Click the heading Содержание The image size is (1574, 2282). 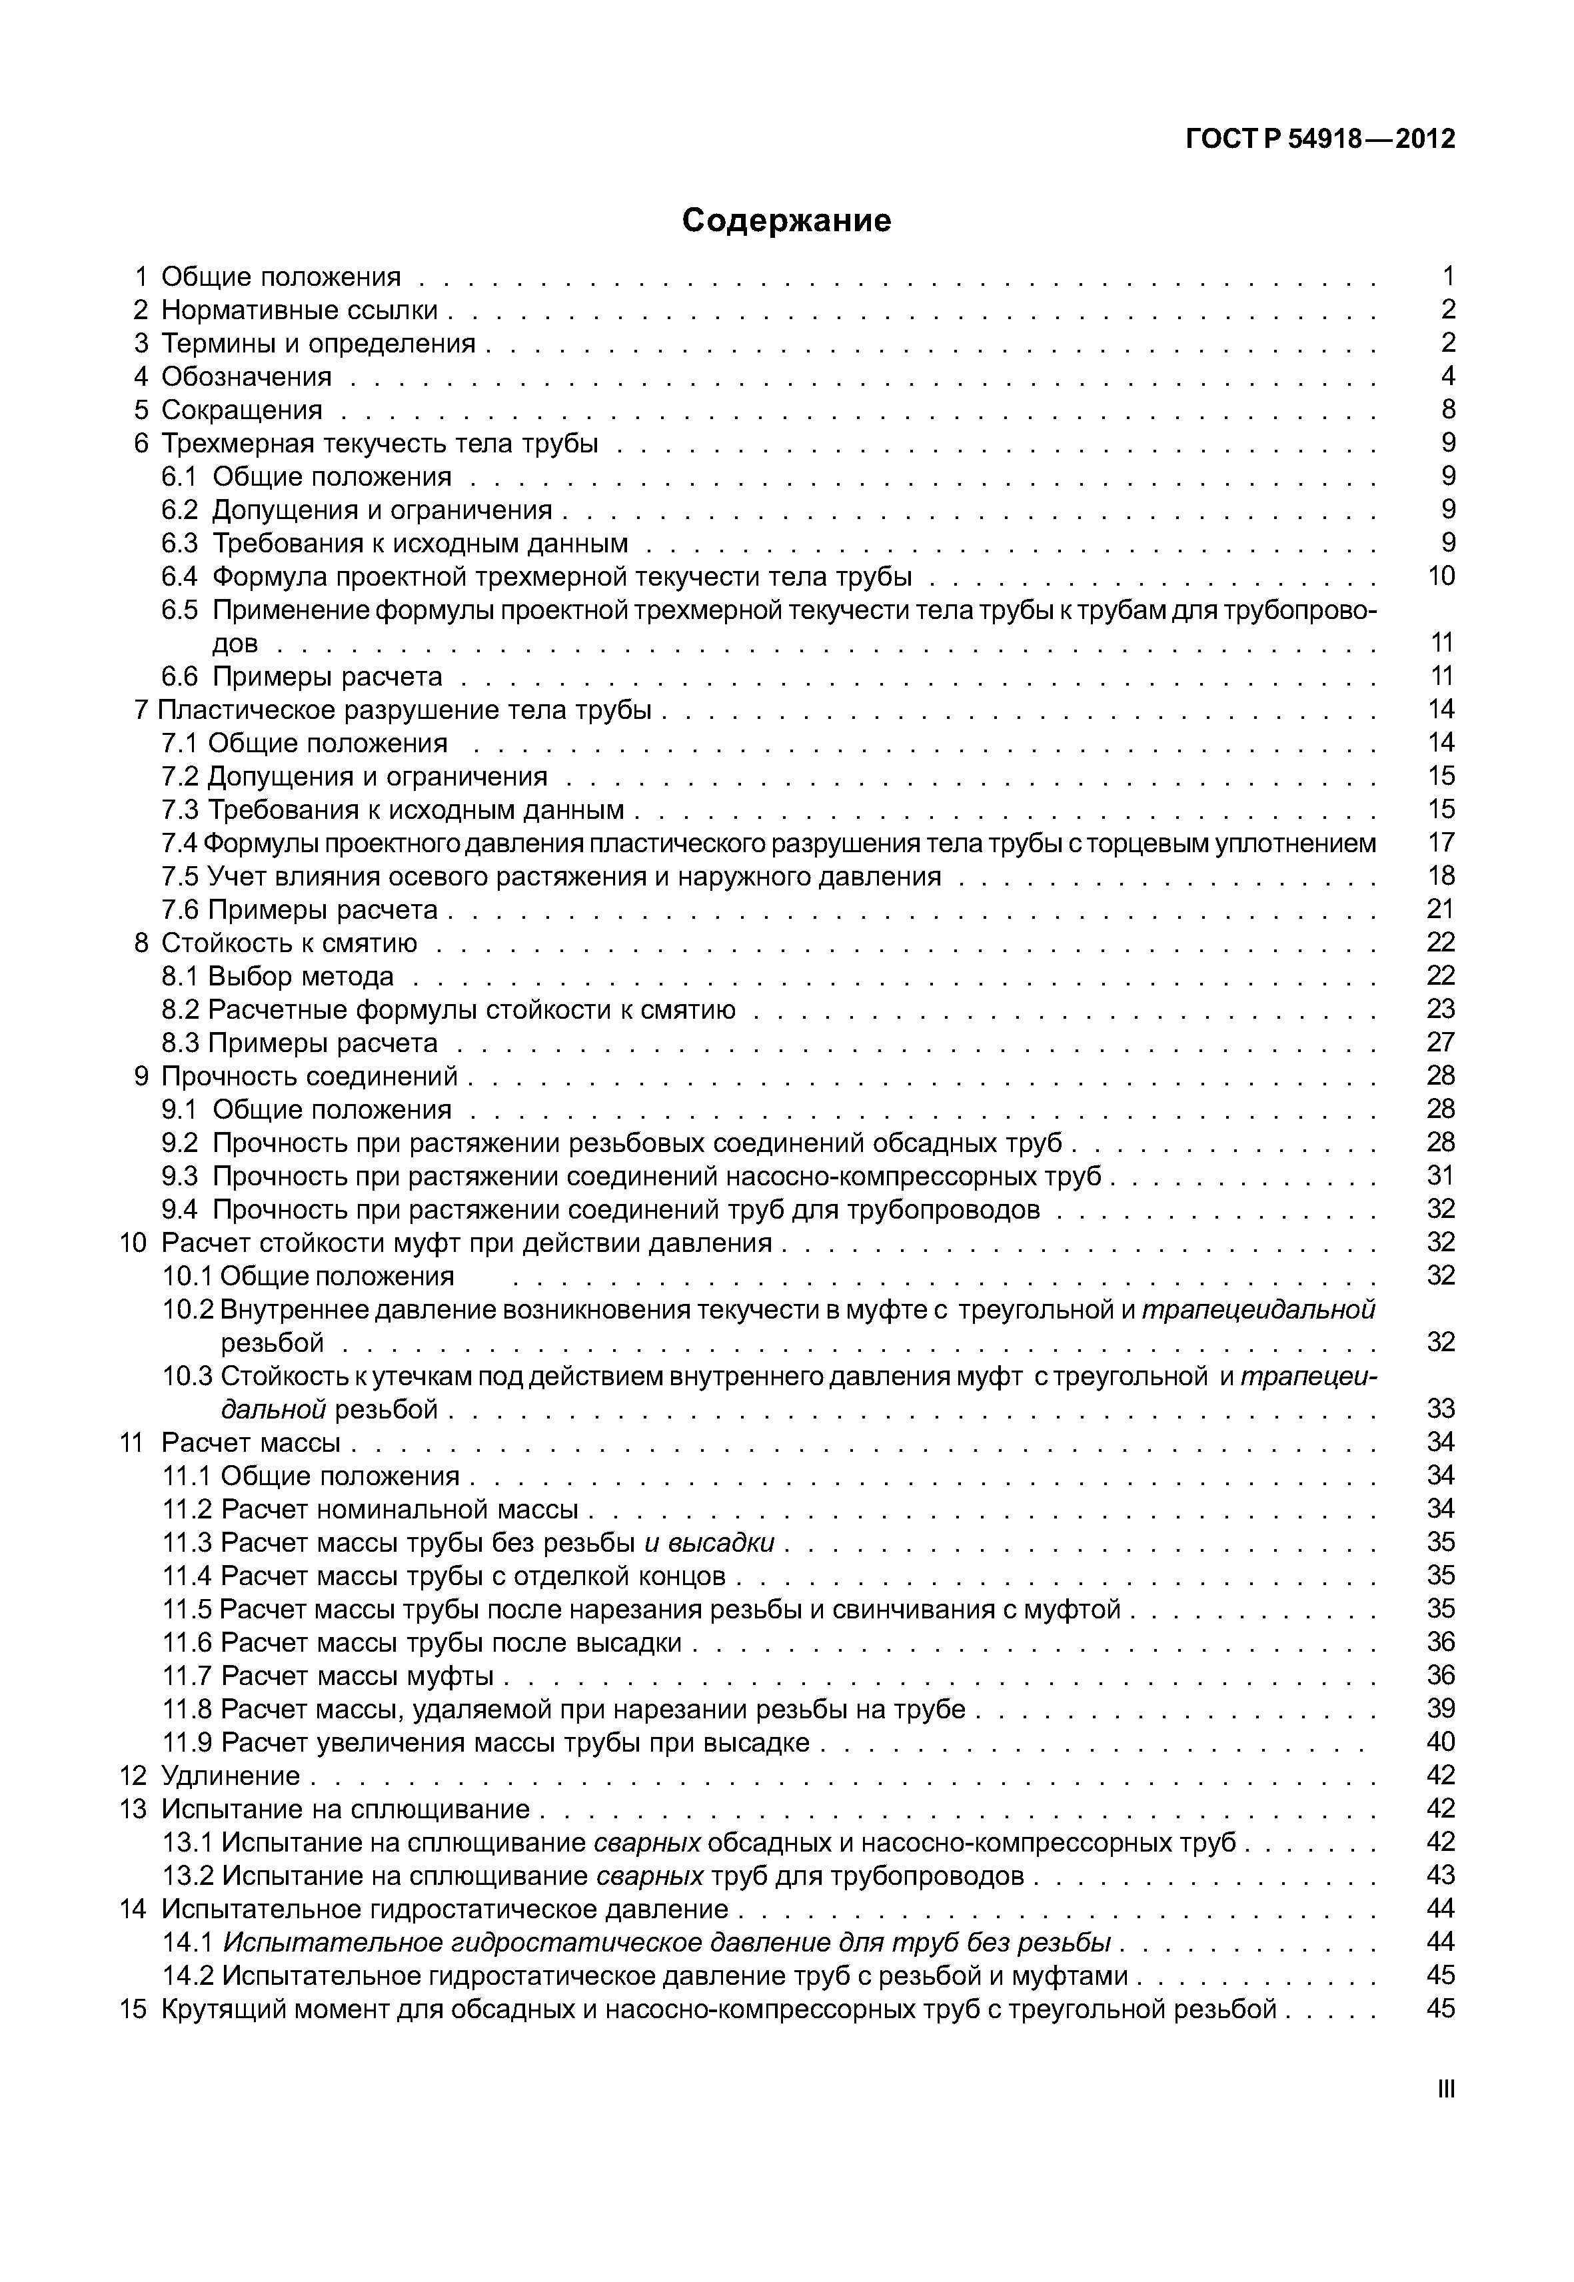[x=786, y=220]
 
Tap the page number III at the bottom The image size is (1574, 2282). [x=1446, y=2089]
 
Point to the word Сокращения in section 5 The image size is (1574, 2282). [x=242, y=409]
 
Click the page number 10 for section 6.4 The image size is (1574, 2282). [x=1441, y=576]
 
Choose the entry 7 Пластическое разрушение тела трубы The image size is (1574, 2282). [x=393, y=709]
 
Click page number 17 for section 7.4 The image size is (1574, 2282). [x=1441, y=842]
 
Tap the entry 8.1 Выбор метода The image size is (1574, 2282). [x=278, y=976]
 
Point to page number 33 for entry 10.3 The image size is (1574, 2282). [x=1441, y=1409]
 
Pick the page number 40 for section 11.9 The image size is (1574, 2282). [x=1441, y=1742]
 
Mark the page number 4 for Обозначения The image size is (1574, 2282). [x=1447, y=376]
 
